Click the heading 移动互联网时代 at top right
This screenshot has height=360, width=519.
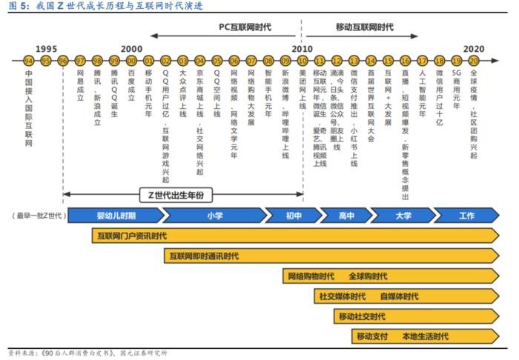pyautogui.click(x=365, y=27)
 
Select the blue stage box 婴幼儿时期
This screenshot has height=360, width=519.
pyautogui.click(x=116, y=216)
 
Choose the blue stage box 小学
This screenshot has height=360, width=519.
pyautogui.click(x=214, y=216)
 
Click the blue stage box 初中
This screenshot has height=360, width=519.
pyautogui.click(x=294, y=216)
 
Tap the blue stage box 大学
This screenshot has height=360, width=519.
pyautogui.click(x=403, y=216)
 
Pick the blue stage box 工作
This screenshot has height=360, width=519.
pyautogui.click(x=466, y=216)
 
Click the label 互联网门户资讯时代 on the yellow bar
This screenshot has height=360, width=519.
pyautogui.click(x=132, y=236)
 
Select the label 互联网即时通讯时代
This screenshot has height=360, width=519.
pyautogui.click(x=203, y=256)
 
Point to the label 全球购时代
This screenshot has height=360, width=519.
pyautogui.click(x=368, y=276)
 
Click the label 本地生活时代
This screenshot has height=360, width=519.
pyautogui.click(x=425, y=336)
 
